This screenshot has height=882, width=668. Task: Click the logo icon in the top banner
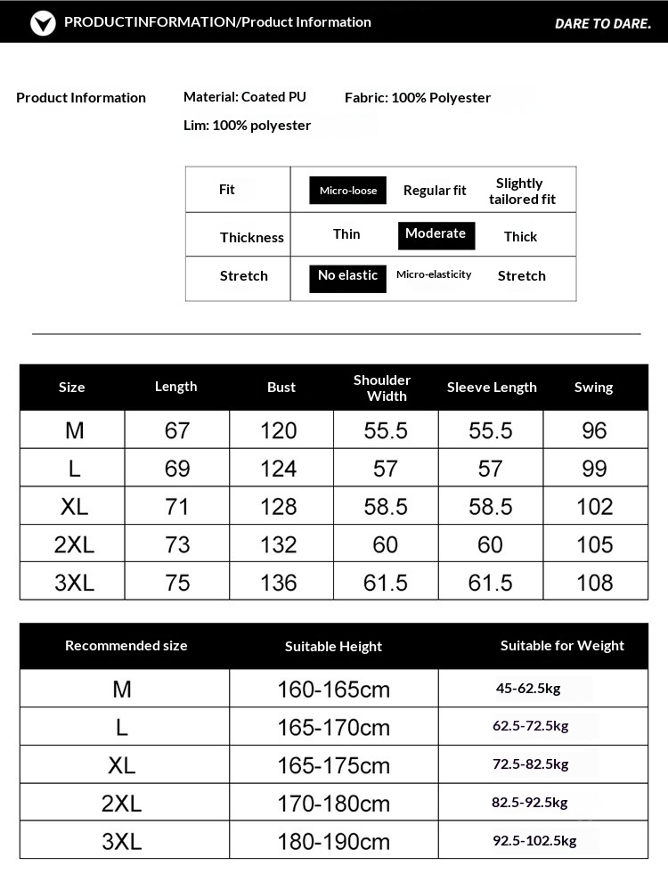tap(43, 22)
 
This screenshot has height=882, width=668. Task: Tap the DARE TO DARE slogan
tap(603, 23)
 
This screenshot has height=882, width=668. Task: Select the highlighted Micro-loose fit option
tap(348, 191)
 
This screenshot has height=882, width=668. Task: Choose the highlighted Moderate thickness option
tap(436, 234)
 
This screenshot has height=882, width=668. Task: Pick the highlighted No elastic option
tap(347, 276)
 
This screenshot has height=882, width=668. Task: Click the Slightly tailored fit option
tap(521, 191)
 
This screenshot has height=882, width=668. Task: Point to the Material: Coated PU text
tap(244, 97)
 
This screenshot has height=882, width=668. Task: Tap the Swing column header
tap(593, 388)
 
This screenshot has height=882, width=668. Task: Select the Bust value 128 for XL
tap(279, 507)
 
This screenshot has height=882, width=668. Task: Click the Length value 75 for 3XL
tap(177, 583)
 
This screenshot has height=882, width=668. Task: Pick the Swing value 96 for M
tap(594, 431)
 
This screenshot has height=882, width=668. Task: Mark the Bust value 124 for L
tap(279, 469)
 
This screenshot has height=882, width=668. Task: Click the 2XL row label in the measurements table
tap(74, 545)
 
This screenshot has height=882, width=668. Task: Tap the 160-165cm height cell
tap(333, 690)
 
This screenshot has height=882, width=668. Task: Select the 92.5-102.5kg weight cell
tap(534, 840)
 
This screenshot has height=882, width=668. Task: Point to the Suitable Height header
tap(333, 647)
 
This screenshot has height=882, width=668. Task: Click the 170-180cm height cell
tap(333, 804)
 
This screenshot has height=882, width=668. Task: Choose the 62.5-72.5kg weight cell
tap(530, 726)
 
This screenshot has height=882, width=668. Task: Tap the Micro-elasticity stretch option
tap(434, 275)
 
